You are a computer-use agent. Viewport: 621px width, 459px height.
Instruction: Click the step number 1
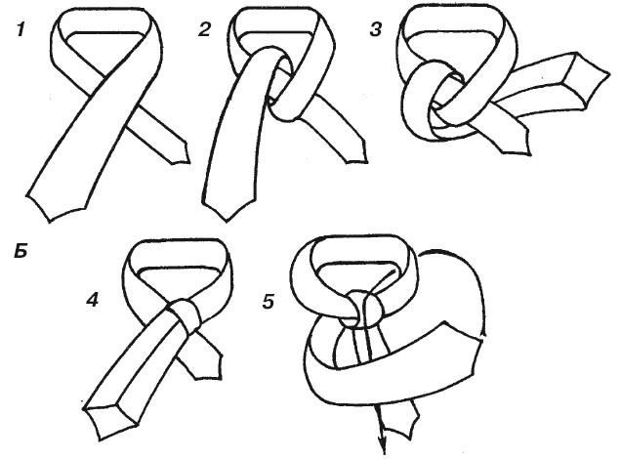point(21,30)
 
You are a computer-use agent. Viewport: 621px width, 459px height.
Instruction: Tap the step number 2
point(204,30)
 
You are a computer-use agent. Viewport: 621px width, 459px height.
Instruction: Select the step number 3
point(376,30)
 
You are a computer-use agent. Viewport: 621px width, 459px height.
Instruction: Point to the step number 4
point(93,300)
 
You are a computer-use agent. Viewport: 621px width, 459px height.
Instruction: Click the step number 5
point(269,302)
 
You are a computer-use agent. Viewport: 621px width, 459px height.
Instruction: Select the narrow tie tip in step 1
point(178,152)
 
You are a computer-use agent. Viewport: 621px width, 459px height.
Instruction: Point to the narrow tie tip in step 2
point(356,152)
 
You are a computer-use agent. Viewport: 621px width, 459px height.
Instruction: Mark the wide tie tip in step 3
point(590,81)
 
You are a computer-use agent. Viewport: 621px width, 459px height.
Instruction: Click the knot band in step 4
point(186,314)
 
